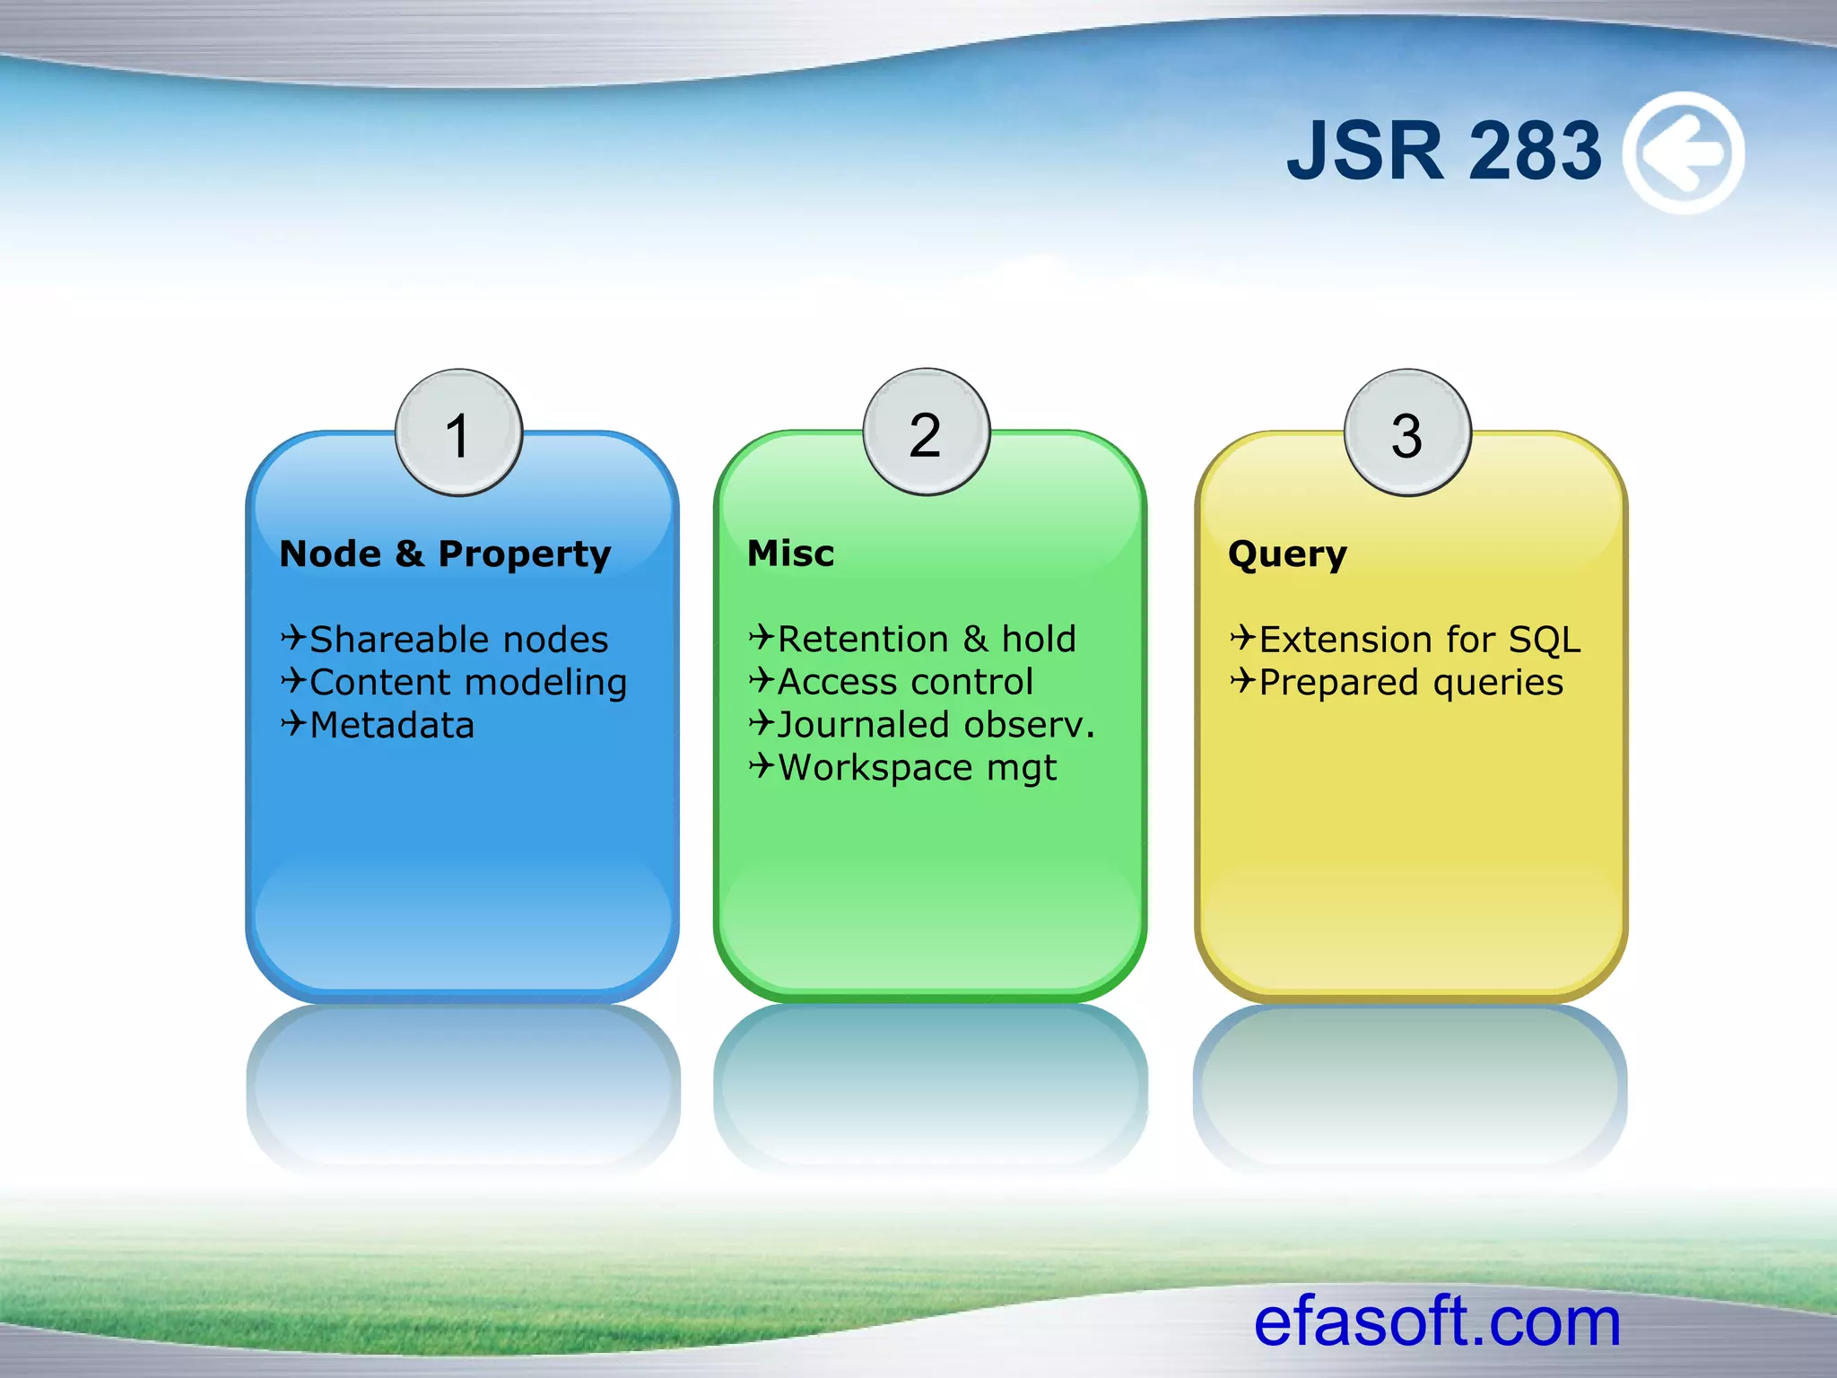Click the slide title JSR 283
1443,152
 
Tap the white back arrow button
1685,153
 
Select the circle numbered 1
458,433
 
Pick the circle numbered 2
926,433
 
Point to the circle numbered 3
1406,433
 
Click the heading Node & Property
445,554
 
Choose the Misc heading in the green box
790,554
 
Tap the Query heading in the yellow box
1287,554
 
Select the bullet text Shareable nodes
458,640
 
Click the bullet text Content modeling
468,683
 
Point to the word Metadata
392,725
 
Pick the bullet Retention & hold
927,640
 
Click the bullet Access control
905,683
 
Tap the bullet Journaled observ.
936,725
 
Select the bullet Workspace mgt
917,768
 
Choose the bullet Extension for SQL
1420,640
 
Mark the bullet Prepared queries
1411,683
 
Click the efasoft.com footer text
1437,1321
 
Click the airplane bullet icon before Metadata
293,723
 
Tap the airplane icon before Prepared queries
1242,681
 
